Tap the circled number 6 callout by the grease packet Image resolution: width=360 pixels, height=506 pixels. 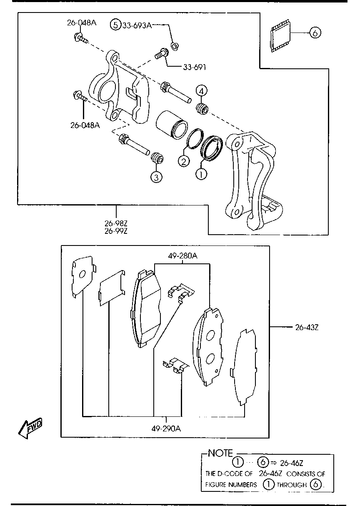coord(315,33)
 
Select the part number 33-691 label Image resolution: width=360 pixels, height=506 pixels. coord(194,67)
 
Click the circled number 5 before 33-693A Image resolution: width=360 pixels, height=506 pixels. coord(115,25)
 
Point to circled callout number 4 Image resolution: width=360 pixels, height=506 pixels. coord(201,90)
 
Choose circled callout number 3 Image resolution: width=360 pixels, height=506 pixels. coord(156,177)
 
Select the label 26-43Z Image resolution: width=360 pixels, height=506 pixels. coord(307,328)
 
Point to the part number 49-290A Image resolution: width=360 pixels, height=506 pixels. coord(166,428)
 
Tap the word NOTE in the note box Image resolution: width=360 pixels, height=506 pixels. coord(221,453)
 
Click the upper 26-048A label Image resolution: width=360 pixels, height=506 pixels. coord(81,23)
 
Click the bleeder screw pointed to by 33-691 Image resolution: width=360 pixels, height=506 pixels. coord(161,54)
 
